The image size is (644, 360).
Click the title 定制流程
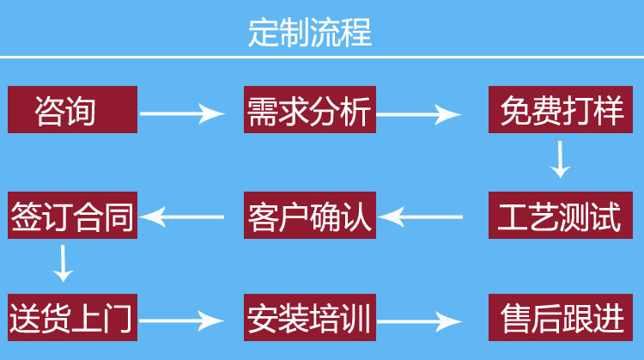click(309, 32)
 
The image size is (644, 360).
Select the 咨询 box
click(72, 109)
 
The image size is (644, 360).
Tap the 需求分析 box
click(308, 109)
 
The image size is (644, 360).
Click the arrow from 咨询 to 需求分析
click(181, 113)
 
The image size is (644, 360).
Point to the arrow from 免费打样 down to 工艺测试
click(560, 159)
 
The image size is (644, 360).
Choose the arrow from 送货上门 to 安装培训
click(181, 321)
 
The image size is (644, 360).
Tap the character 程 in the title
click(355, 32)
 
